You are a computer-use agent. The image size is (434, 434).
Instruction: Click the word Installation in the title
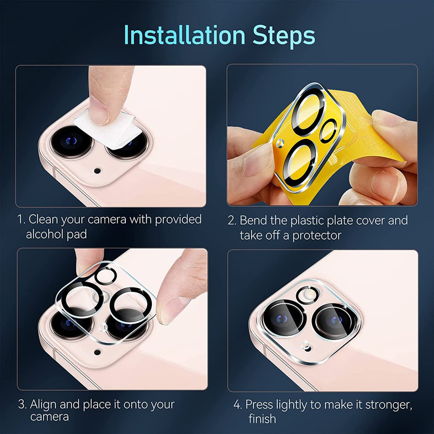tap(184, 35)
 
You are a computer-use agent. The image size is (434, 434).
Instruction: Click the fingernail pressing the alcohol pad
tap(98, 111)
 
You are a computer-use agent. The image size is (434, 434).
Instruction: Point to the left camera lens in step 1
tap(72, 141)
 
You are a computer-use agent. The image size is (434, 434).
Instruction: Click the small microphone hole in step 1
tap(97, 170)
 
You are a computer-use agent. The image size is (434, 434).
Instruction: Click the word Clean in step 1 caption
tap(43, 219)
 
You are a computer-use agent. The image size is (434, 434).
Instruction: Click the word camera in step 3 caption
tap(49, 417)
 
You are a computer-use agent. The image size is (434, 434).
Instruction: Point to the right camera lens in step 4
tap(335, 320)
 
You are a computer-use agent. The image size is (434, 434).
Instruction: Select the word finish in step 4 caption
tap(262, 418)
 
